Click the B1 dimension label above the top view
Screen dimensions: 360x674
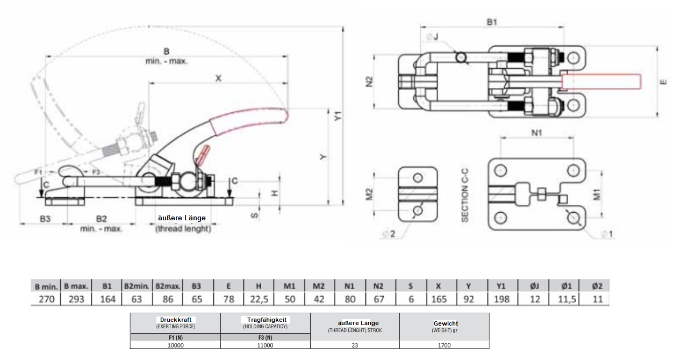click(x=492, y=21)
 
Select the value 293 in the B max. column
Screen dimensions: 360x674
click(x=77, y=299)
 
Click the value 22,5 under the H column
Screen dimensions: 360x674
click(x=259, y=299)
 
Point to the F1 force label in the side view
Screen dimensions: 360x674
click(x=38, y=172)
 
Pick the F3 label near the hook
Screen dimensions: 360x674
click(x=95, y=172)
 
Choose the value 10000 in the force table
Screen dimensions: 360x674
click(x=176, y=345)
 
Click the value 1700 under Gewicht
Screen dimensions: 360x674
click(x=444, y=345)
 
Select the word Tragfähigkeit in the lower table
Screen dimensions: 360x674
click(x=265, y=319)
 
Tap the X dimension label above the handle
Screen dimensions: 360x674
click(x=218, y=78)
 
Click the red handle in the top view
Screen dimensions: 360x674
click(x=601, y=82)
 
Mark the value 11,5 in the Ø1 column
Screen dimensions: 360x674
click(x=566, y=299)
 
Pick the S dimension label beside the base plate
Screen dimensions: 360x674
click(x=256, y=215)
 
